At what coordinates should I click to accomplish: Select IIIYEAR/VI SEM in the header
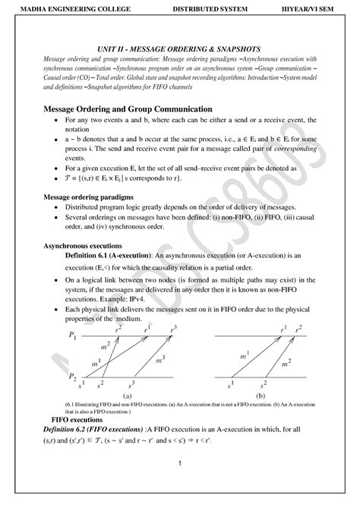(312, 9)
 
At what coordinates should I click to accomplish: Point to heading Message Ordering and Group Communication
(141, 109)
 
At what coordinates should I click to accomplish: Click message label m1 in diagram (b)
(244, 355)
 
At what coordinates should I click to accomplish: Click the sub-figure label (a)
(126, 396)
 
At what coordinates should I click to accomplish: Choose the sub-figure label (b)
(261, 396)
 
